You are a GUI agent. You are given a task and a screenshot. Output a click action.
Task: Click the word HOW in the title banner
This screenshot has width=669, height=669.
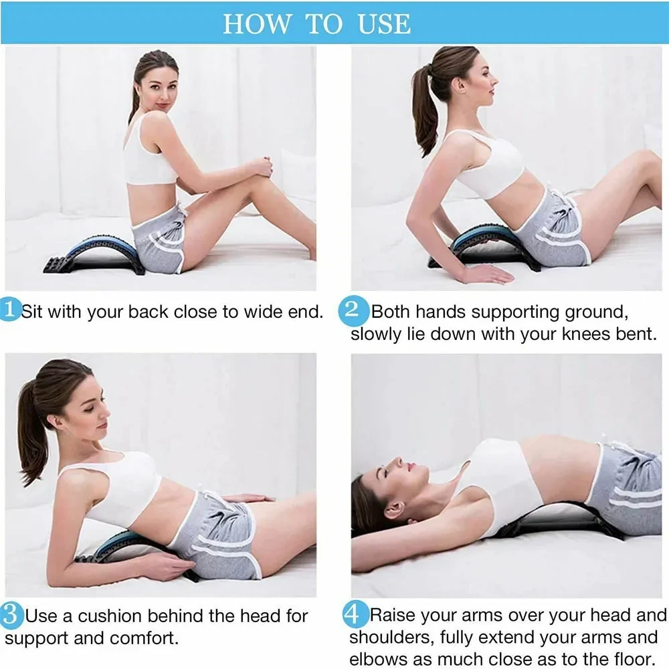click(x=256, y=24)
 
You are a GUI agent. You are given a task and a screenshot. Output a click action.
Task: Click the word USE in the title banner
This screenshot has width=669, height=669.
click(x=384, y=24)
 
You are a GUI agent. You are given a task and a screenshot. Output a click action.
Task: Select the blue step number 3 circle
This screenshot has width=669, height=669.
click(x=10, y=615)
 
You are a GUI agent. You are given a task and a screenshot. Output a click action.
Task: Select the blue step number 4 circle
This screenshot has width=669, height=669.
click(x=355, y=614)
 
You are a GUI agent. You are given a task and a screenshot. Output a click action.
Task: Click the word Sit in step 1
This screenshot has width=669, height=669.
click(x=32, y=312)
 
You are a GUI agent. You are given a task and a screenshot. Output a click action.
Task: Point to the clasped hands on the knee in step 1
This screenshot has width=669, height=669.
click(x=264, y=167)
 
